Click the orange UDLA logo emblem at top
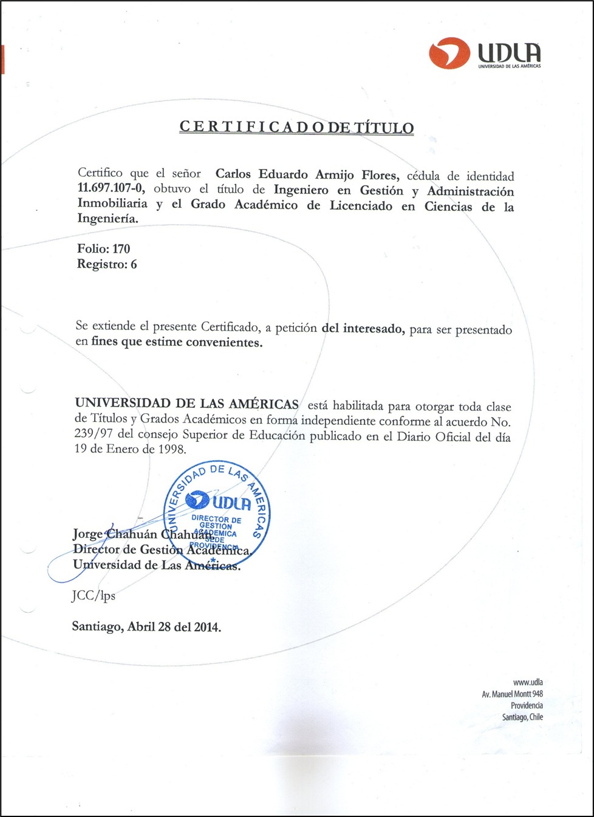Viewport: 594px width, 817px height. pos(449,53)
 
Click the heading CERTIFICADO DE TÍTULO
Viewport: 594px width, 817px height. pos(297,128)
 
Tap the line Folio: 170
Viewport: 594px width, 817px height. pos(103,249)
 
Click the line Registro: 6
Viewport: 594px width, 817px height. pos(107,264)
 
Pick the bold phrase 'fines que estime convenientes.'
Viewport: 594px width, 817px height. pos(177,342)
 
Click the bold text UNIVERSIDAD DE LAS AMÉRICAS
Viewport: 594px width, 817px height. pos(187,404)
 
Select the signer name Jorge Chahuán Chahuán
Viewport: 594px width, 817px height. pos(142,535)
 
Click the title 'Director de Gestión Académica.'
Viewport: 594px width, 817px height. pos(162,550)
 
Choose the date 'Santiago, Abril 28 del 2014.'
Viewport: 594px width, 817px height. pos(146,626)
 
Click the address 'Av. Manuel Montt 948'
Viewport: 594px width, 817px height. pos(512,694)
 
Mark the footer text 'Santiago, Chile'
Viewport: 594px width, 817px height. pos(522,717)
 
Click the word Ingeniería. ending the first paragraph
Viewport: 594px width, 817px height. pos(108,219)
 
